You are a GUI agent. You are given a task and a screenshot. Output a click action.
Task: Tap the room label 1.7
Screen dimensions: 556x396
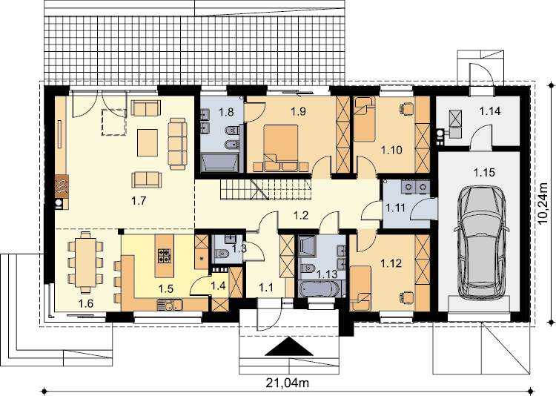point(139,201)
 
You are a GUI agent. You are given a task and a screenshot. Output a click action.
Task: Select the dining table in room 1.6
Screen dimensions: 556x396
point(85,263)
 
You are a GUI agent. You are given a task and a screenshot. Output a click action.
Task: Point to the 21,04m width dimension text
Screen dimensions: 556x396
point(288,383)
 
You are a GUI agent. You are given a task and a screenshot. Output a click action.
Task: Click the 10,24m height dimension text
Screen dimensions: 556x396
point(543,202)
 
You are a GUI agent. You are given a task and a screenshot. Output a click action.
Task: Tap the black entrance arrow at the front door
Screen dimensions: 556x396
point(289,346)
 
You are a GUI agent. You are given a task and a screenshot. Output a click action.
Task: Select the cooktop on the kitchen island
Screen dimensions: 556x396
point(164,256)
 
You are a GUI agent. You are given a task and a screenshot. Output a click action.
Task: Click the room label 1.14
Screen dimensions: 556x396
point(490,111)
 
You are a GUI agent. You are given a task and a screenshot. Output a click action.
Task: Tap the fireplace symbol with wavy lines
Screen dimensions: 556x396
point(62,186)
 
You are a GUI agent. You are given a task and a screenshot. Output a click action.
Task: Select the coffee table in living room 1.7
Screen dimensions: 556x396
point(148,142)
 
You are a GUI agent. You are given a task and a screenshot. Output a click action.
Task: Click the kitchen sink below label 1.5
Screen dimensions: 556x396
point(171,305)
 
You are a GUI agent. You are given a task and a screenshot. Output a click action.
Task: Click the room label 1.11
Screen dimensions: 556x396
point(395,207)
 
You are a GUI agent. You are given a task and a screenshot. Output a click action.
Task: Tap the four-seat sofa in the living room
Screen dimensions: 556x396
point(177,143)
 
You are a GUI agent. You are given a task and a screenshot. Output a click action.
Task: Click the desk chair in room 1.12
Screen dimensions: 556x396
point(407,297)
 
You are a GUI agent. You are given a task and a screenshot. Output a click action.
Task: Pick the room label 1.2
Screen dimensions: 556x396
point(301,215)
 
